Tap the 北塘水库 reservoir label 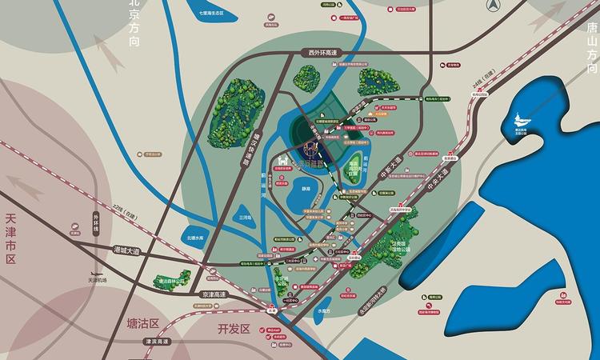195,237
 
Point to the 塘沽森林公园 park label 171,282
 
